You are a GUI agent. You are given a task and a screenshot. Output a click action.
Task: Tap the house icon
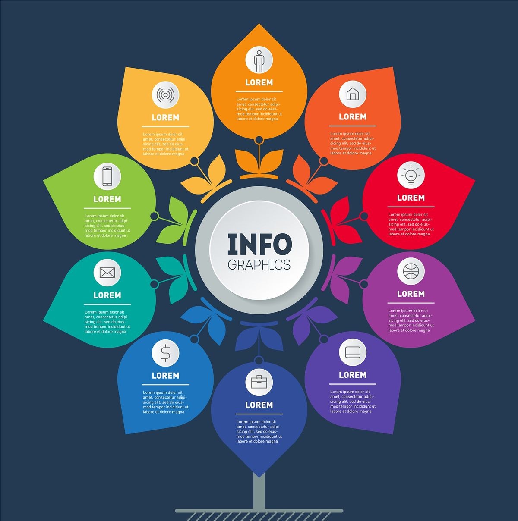click(353, 94)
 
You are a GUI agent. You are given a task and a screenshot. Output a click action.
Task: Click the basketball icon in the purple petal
click(411, 271)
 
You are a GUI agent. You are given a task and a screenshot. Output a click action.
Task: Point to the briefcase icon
click(259, 382)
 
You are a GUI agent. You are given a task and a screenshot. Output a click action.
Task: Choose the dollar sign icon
click(165, 353)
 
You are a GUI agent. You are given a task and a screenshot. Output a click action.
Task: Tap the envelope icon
click(107, 273)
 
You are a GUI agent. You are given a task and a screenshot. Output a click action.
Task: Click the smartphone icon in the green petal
click(107, 176)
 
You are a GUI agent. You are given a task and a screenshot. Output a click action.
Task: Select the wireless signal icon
click(165, 95)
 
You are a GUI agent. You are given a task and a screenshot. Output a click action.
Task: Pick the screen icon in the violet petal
click(353, 352)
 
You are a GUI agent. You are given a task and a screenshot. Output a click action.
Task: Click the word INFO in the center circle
click(259, 245)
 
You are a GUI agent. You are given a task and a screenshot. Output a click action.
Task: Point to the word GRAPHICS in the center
click(259, 265)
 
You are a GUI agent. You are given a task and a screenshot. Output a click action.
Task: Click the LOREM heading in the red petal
click(411, 198)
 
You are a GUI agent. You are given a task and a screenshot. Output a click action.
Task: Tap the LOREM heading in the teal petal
click(107, 295)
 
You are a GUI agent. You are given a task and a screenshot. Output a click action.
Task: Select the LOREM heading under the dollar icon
click(165, 376)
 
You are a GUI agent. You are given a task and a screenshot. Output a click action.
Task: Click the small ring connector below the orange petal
click(259, 140)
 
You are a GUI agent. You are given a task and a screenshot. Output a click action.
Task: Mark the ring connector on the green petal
click(154, 216)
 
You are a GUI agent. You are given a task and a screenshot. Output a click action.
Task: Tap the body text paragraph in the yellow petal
click(165, 144)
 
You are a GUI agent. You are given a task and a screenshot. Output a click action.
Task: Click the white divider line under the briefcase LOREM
click(259, 414)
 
